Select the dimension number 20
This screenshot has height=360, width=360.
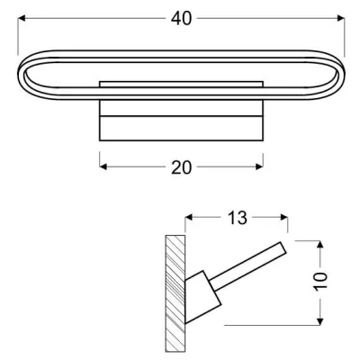181,166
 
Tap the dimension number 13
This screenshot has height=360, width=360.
237,219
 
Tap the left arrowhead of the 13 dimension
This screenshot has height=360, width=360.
189,219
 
